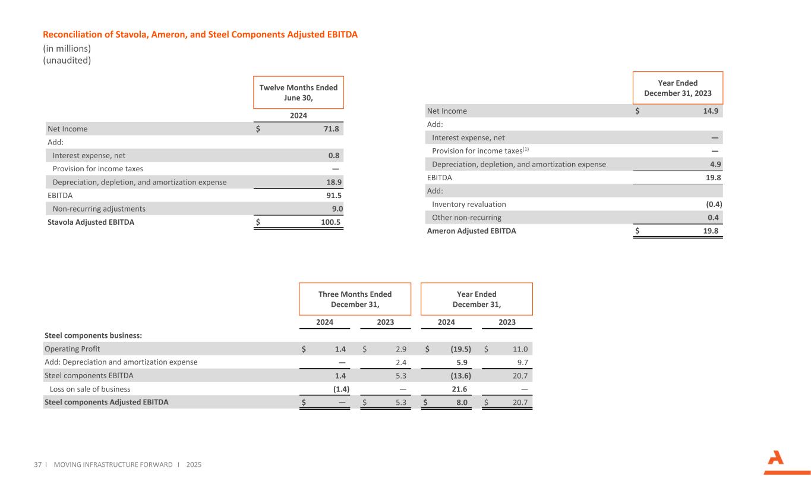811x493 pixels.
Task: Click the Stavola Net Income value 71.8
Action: point(330,128)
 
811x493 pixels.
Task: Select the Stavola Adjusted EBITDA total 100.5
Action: point(328,223)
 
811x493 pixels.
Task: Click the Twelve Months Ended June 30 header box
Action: point(298,92)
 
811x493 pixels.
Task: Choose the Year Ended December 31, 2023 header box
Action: point(677,88)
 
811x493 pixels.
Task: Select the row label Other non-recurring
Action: point(466,217)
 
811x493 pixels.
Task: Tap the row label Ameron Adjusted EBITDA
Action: point(471,231)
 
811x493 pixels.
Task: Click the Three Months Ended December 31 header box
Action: point(355,299)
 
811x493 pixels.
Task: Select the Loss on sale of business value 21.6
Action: point(461,389)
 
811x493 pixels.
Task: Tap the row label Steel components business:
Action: point(93,335)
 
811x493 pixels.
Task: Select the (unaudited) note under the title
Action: point(67,60)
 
